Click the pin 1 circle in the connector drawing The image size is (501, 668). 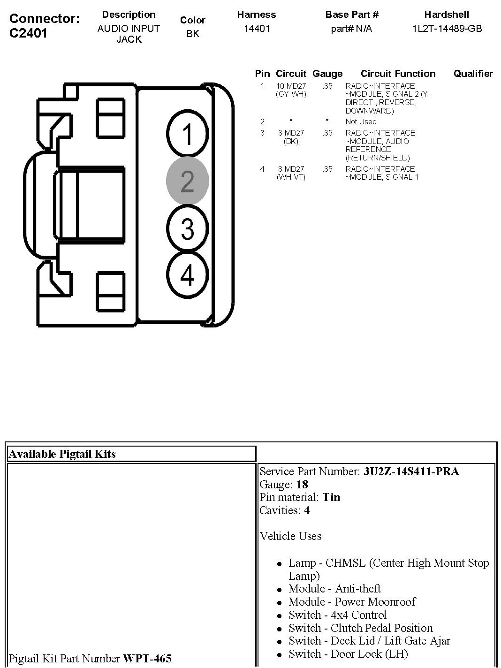coord(187,133)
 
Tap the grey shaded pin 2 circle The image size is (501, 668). coord(187,181)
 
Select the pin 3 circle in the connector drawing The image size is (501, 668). coord(187,229)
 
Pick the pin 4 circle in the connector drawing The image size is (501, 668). coord(187,275)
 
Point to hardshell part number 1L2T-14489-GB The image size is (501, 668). coord(447,29)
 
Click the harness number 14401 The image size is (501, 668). coord(257,29)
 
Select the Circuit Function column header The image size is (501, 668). coord(398,74)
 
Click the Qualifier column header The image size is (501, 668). coord(473,74)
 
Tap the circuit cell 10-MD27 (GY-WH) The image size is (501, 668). coord(291,90)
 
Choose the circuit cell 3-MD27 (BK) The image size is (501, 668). coord(291,137)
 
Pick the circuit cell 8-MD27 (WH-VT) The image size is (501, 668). coord(291,173)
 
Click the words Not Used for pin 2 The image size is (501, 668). coord(361,121)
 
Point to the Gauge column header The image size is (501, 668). coord(327,74)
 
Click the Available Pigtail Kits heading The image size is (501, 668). coord(62,454)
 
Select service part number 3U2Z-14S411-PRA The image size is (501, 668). coord(411,471)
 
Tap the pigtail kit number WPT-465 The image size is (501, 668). coord(147,659)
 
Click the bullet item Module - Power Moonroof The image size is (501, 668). coord(352,602)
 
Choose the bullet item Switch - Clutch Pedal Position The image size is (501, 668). coord(360,628)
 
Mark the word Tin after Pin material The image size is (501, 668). coord(331,497)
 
